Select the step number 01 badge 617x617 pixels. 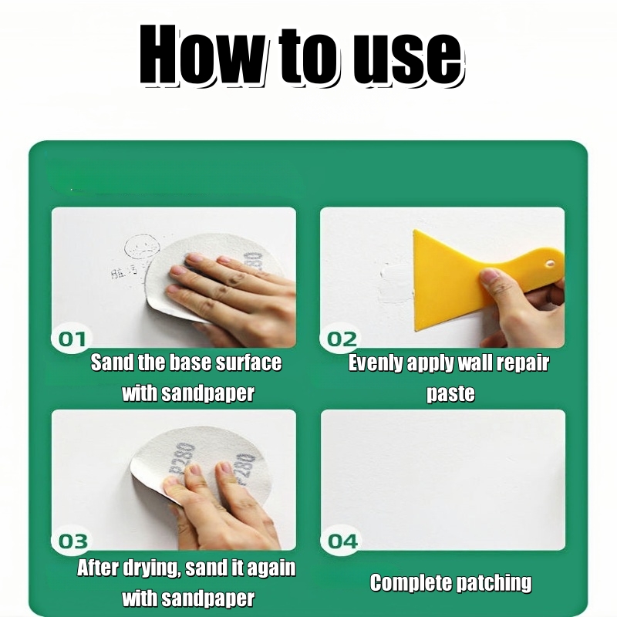72,339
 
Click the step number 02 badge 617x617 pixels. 341,339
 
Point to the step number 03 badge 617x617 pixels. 72,541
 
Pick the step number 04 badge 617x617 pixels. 342,541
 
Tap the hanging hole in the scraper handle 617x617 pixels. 550,263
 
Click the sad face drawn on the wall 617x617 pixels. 142,248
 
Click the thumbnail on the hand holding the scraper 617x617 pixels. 488,275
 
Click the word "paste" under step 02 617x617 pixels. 450,394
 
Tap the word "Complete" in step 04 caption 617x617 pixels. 410,583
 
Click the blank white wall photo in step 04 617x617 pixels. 443,480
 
